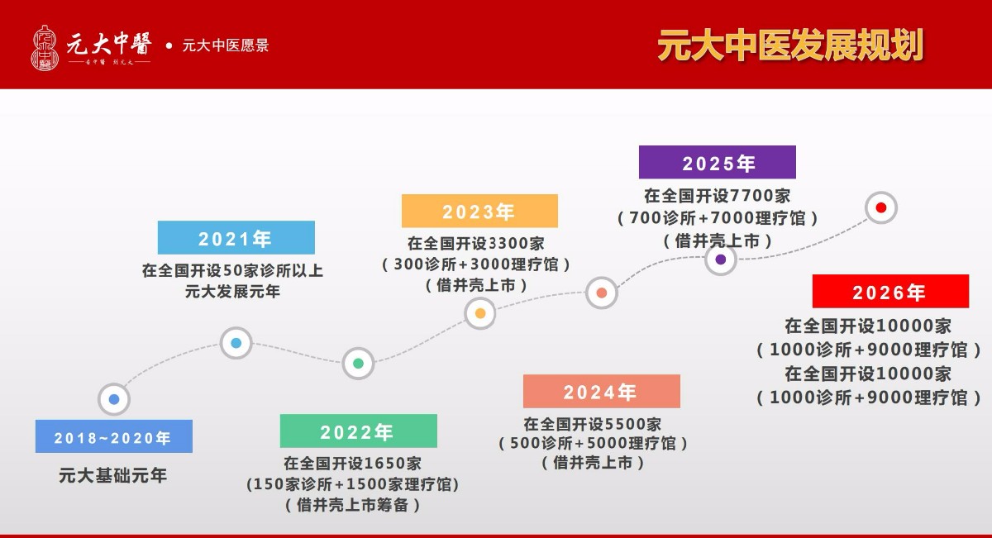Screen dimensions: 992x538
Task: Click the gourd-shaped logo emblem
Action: [45, 47]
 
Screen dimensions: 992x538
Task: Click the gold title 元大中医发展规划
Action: [790, 45]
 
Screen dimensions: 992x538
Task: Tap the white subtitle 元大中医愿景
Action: [226, 45]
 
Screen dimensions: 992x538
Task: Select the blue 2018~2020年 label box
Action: [114, 436]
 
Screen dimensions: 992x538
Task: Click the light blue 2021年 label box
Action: [236, 237]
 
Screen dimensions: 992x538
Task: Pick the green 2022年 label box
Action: [358, 431]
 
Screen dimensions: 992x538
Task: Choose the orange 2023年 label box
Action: [479, 211]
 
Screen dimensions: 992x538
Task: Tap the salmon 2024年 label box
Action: [602, 391]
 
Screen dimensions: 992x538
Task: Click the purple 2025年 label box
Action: [717, 162]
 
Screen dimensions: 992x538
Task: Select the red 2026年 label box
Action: [890, 291]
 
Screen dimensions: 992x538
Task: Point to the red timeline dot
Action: [881, 207]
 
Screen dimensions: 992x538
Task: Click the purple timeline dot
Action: [721, 259]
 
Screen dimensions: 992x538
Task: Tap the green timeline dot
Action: [358, 364]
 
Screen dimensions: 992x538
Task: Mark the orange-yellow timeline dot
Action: [480, 313]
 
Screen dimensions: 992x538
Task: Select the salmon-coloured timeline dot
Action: [602, 293]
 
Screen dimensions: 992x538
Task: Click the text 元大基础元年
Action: [113, 475]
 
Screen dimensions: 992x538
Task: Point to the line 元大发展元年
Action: [232, 292]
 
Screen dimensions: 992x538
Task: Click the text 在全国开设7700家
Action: [717, 195]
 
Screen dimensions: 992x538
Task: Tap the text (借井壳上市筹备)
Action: [352, 505]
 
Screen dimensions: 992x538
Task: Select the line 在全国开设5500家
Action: [593, 424]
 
